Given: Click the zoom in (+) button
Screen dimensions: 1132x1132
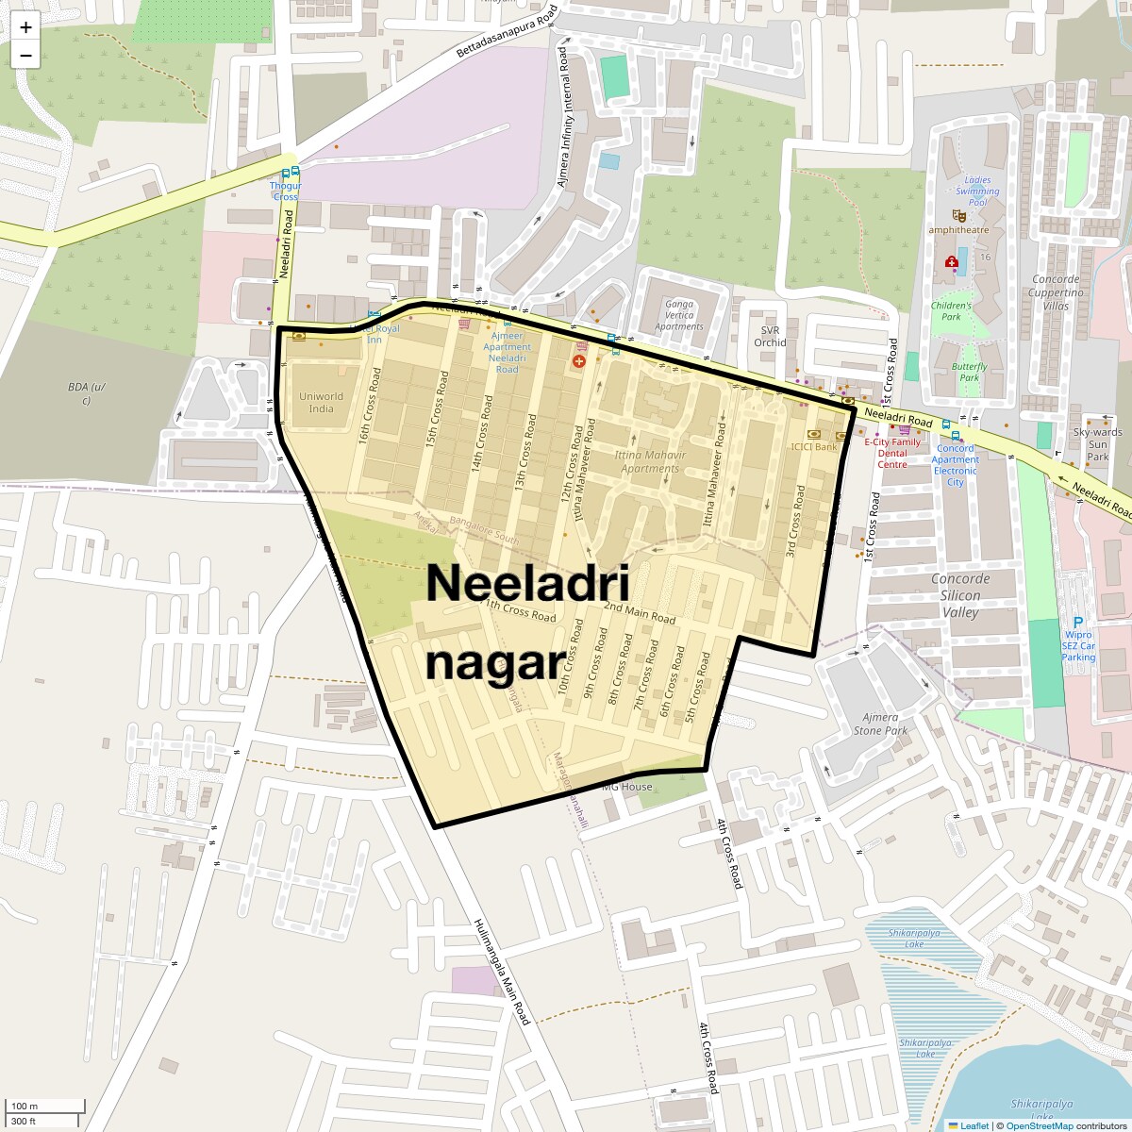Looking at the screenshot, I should pos(25,26).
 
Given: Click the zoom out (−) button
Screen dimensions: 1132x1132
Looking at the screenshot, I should pos(25,56).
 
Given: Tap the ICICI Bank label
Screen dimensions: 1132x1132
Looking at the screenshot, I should pos(814,446).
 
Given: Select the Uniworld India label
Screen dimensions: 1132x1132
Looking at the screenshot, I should pos(321,403).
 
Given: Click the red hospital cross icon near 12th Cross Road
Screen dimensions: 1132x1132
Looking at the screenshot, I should pos(578,361).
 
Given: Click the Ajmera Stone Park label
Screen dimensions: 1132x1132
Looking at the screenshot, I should pos(880,724).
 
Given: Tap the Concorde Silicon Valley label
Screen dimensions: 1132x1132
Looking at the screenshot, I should pos(960,595).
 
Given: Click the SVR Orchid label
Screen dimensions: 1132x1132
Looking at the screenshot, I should pos(770,336).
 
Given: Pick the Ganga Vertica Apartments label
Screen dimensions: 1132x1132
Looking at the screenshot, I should pos(679,315).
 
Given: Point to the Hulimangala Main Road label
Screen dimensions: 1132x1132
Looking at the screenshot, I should pos(502,971).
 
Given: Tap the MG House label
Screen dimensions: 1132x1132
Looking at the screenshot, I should pos(627,786).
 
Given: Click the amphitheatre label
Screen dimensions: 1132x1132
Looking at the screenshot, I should pos(958,229).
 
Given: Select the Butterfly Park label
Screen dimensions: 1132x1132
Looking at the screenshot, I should pos(970,372).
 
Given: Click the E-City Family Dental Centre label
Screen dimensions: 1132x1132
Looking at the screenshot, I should pos(892,453).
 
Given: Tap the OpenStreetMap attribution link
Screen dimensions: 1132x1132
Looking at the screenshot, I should pos(1039,1125).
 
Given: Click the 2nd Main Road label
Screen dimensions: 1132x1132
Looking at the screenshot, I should pos(640,612).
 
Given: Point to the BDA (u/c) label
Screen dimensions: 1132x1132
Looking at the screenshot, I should pos(84,393).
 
